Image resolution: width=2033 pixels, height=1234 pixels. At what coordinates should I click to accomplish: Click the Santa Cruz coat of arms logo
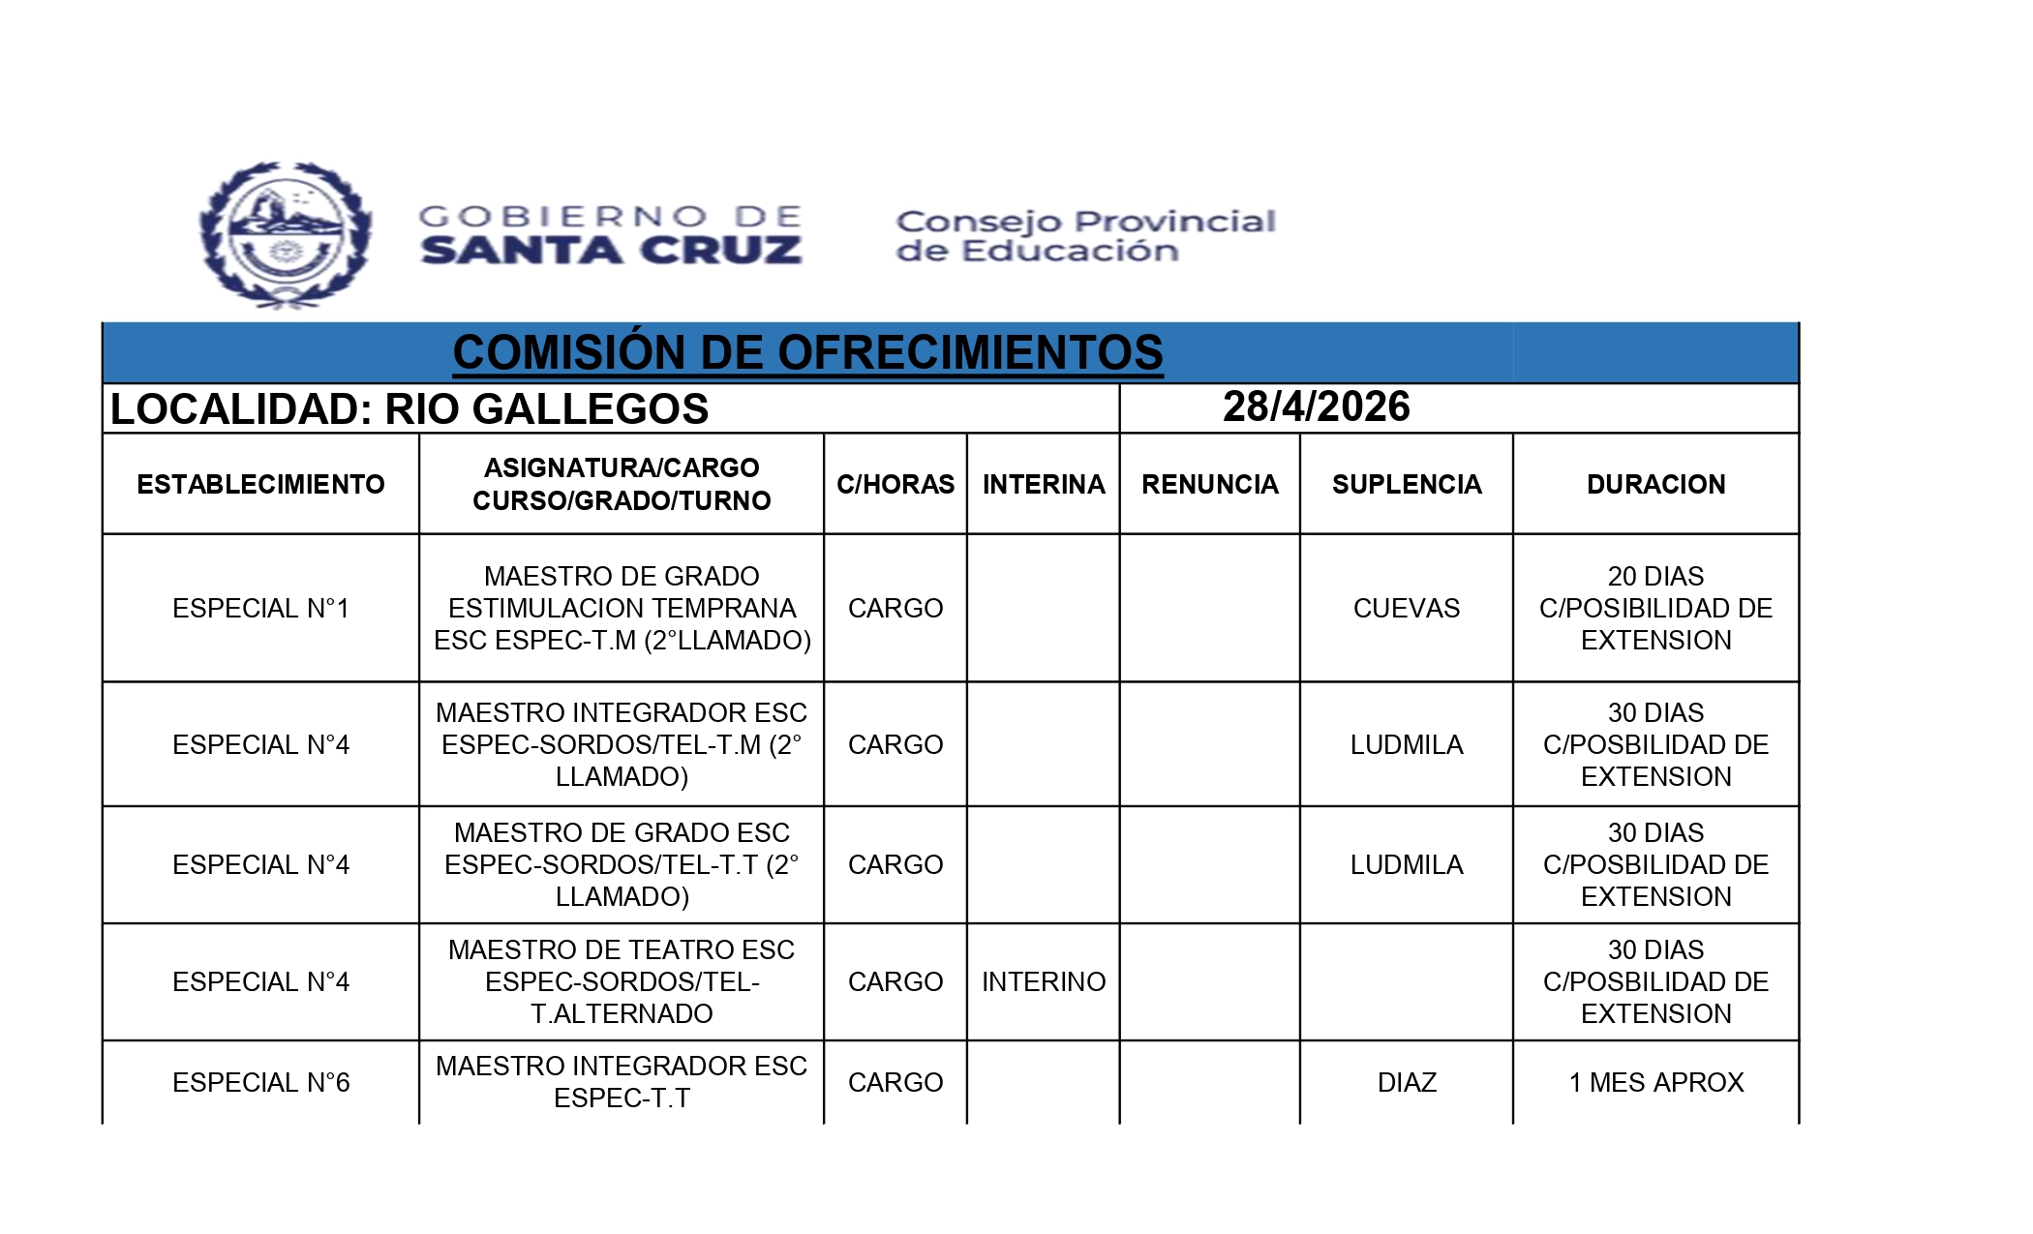click(x=285, y=235)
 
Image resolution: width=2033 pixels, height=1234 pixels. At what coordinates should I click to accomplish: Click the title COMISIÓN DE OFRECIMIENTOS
click(x=807, y=352)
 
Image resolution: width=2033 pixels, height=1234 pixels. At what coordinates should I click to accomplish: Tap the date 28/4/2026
click(x=1316, y=407)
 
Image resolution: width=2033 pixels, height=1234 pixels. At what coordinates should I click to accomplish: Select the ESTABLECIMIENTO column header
click(x=260, y=484)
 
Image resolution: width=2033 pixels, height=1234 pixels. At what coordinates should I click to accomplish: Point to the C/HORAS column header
click(x=895, y=484)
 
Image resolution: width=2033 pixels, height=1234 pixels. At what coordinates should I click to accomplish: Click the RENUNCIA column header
click(x=1210, y=484)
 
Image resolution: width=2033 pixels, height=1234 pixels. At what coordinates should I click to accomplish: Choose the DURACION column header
click(x=1655, y=484)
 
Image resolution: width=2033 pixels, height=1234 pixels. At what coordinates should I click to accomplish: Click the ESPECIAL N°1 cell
click(x=260, y=608)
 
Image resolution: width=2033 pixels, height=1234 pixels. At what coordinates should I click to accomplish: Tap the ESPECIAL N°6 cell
click(x=260, y=1082)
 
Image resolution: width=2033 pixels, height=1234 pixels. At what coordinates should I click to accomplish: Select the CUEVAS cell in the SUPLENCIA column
click(x=1407, y=608)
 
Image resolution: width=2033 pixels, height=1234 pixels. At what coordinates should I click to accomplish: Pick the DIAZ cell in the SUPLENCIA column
click(x=1407, y=1082)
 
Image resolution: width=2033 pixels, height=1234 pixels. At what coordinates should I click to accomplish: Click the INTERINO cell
click(x=1044, y=981)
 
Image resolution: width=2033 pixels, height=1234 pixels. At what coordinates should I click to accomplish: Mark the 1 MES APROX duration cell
click(x=1655, y=1082)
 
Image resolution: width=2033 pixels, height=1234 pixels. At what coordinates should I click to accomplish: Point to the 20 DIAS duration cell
click(x=1655, y=608)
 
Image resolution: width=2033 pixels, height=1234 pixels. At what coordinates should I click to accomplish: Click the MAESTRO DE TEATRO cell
click(x=622, y=981)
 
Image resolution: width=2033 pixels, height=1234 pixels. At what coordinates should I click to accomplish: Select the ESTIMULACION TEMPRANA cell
click(x=622, y=608)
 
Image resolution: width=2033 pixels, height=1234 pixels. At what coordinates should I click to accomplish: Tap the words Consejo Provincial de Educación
click(x=1085, y=236)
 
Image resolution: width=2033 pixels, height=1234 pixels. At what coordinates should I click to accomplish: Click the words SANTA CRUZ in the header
click(x=612, y=251)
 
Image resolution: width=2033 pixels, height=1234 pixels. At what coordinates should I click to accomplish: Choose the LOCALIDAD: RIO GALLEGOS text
click(x=410, y=409)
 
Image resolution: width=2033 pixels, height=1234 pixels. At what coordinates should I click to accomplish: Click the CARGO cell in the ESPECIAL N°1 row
click(x=895, y=608)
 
